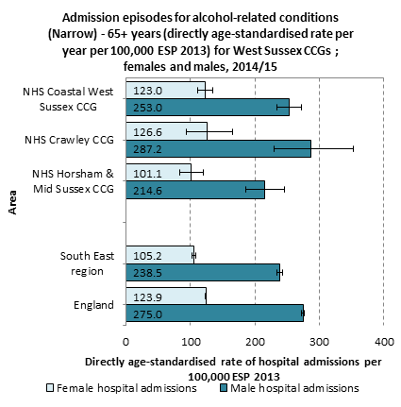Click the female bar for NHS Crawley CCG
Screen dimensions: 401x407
click(x=166, y=131)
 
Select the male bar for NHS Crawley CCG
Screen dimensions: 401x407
click(x=218, y=148)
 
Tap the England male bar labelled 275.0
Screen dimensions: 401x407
click(x=214, y=314)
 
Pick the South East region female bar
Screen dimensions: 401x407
click(x=159, y=255)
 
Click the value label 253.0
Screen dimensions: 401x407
click(x=147, y=108)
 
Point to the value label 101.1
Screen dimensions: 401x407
click(x=147, y=174)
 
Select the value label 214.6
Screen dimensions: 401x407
click(x=147, y=191)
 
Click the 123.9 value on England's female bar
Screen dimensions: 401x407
click(x=147, y=297)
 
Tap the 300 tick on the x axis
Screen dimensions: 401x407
click(x=319, y=342)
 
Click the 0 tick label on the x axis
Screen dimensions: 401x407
click(x=125, y=342)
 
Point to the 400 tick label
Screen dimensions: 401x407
click(x=384, y=342)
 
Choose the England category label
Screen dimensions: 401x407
click(x=93, y=305)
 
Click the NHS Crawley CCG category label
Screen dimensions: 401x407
click(x=69, y=140)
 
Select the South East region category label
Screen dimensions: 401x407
click(x=87, y=263)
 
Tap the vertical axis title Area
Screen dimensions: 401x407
click(x=12, y=202)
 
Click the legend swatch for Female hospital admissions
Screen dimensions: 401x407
click(x=50, y=388)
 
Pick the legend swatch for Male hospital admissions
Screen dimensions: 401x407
click(x=224, y=388)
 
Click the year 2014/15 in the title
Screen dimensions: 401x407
click(x=255, y=67)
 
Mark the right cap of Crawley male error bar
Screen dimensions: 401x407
click(x=353, y=148)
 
